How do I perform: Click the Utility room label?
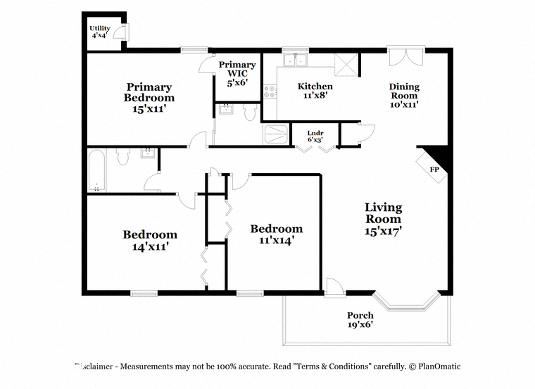tap(100, 32)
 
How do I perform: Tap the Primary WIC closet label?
tap(237, 73)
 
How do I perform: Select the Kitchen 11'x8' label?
tap(315, 91)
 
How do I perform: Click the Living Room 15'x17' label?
tap(383, 219)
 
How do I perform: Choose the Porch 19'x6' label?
tap(360, 319)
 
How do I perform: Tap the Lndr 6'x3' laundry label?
tap(315, 136)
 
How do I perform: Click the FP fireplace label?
tap(434, 170)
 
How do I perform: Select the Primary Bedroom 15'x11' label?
tap(149, 98)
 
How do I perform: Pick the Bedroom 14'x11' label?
tap(150, 241)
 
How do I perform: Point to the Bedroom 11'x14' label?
tap(277, 234)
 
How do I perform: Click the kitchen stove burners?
tap(270, 91)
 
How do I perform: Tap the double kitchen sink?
tap(296, 60)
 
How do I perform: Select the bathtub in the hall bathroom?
tap(96, 170)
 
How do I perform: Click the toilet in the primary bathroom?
tap(250, 112)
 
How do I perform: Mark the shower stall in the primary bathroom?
tap(277, 134)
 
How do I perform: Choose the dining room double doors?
tap(406, 57)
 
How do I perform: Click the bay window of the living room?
tap(406, 301)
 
